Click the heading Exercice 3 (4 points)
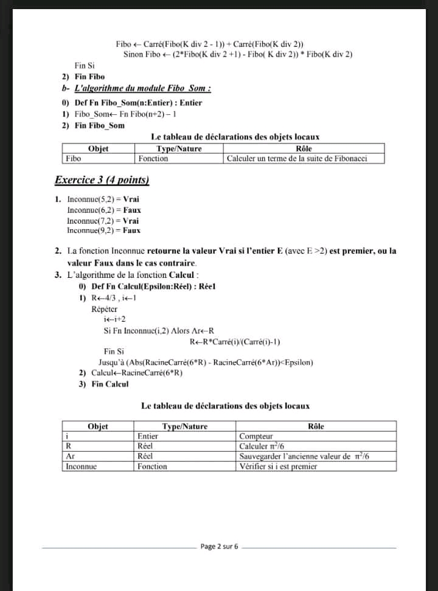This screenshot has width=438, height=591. coord(102,180)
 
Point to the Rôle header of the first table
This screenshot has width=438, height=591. coord(304,148)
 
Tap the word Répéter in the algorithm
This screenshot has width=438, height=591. coord(105,309)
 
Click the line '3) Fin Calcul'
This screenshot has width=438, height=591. coord(104,384)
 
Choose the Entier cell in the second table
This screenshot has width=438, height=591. coord(148,437)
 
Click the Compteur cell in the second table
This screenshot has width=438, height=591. coord(256,437)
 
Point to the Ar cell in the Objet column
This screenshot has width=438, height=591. coord(70,456)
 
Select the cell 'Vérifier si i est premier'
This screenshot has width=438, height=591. coord(278,466)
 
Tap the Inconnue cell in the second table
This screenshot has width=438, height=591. coord(82,466)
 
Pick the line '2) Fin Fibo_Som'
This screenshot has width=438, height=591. coord(93,125)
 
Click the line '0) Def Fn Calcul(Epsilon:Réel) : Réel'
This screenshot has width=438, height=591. coord(147,287)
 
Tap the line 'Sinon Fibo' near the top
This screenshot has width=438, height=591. coord(238,55)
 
